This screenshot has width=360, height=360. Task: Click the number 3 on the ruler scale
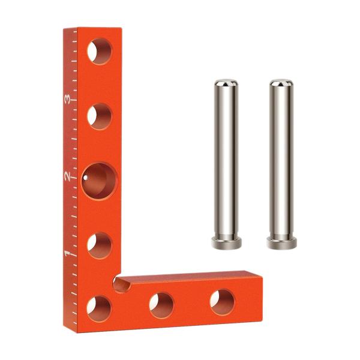(x=67, y=100)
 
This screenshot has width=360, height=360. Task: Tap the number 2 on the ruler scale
(x=67, y=176)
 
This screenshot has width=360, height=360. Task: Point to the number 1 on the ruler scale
(x=67, y=254)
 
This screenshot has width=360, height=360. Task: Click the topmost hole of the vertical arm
(x=100, y=51)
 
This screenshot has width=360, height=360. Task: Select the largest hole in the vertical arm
(x=100, y=181)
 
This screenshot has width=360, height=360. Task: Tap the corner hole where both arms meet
(x=100, y=309)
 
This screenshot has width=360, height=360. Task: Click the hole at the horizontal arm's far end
(x=223, y=302)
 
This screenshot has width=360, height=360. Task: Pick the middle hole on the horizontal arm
(x=161, y=305)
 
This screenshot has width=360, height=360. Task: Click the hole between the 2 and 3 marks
(x=100, y=116)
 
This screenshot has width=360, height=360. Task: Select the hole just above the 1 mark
(x=100, y=245)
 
